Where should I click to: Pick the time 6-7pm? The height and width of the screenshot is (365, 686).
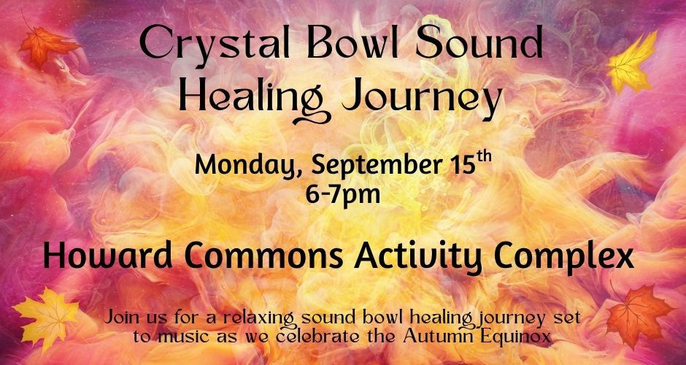(x=343, y=194)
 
